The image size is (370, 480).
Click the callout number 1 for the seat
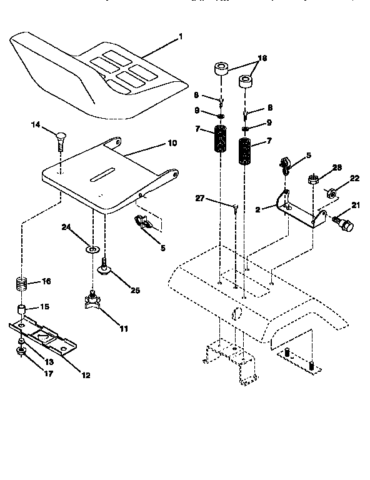181,37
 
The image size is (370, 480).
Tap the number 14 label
35,126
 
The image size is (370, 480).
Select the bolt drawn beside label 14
61,139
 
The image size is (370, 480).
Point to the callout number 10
172,143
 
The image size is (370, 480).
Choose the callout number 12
86,375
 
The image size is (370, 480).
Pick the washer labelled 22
332,192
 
